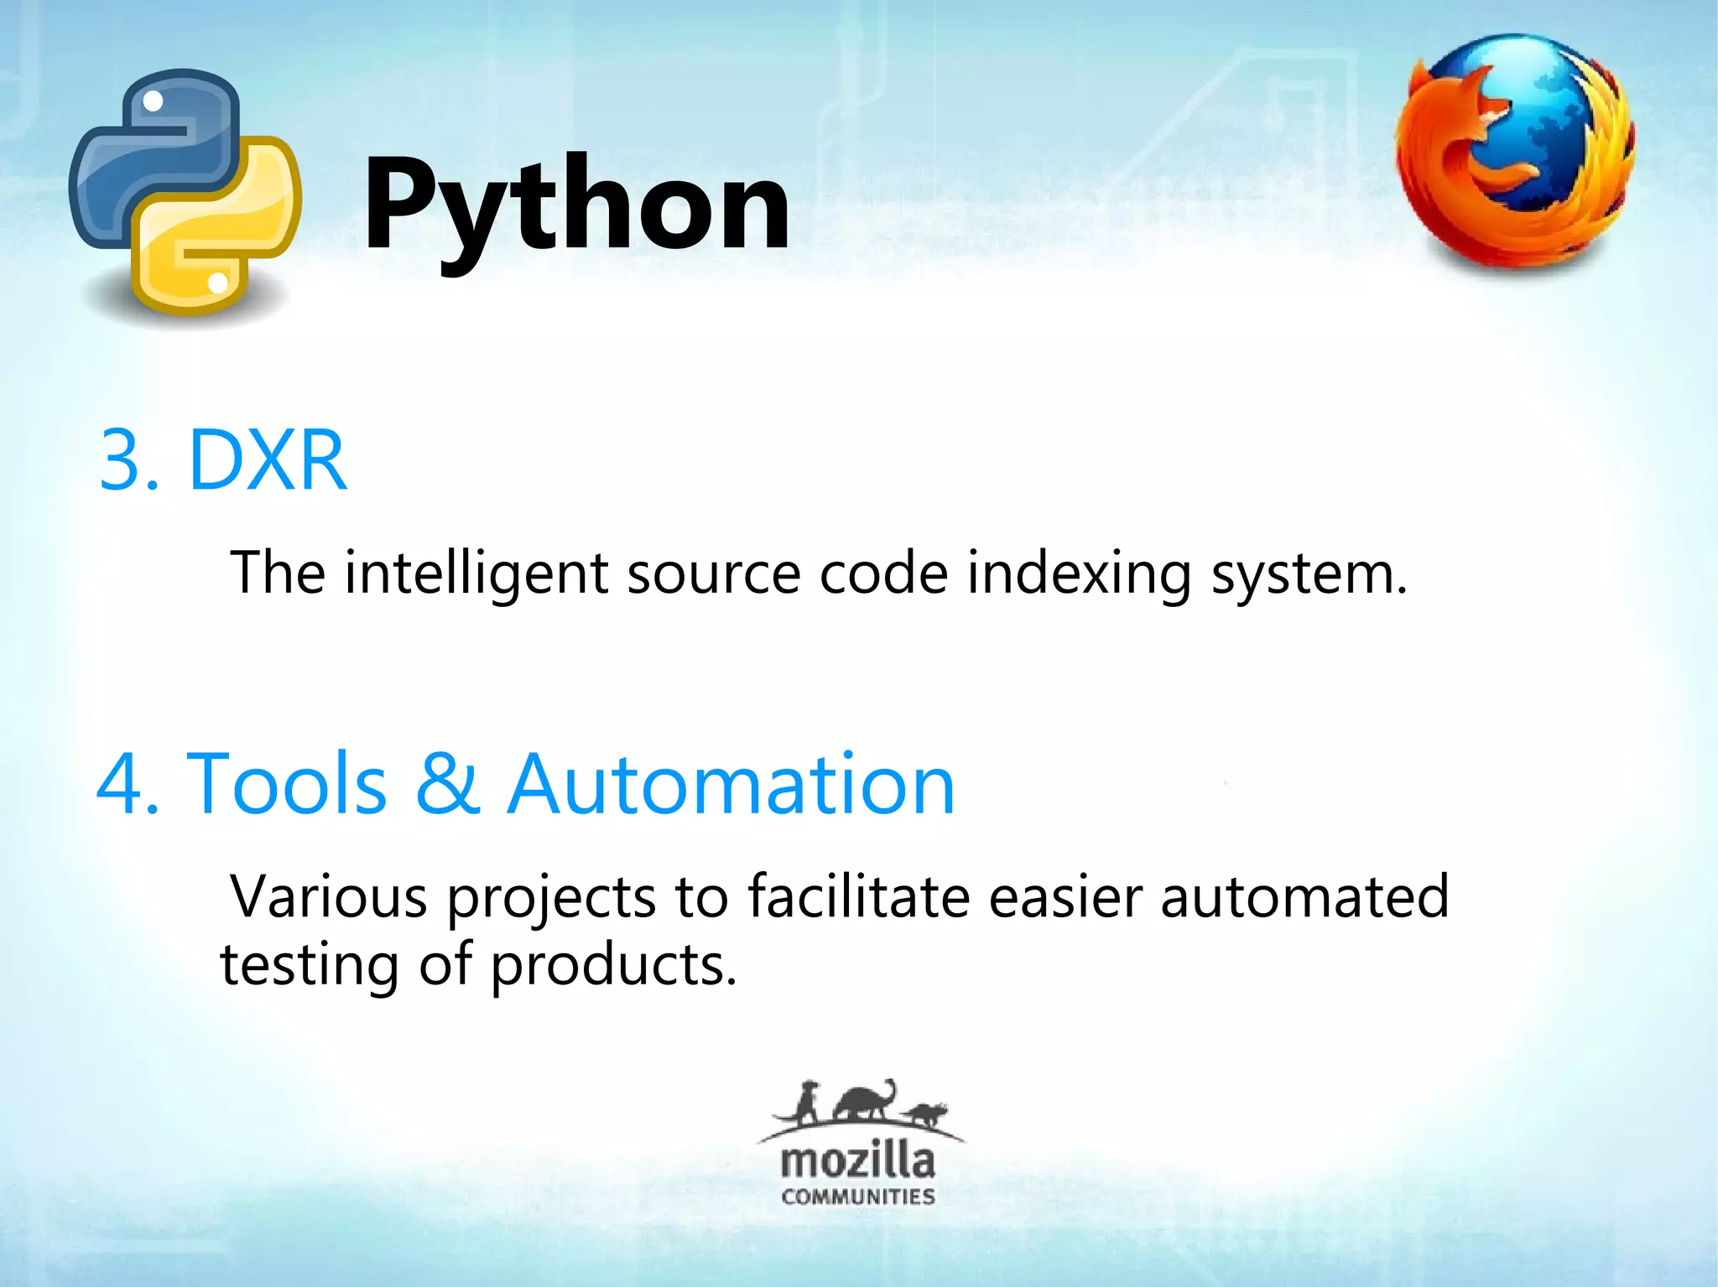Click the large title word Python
pos(577,205)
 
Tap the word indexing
pos(1079,573)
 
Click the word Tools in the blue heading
pos(286,783)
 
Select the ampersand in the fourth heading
pos(448,783)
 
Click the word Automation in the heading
pos(731,783)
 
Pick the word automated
pos(1304,897)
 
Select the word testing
pos(309,966)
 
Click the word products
pos(612,966)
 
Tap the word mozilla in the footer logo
pos(857,1162)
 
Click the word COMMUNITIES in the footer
pos(857,1196)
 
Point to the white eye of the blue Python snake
pos(154,102)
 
